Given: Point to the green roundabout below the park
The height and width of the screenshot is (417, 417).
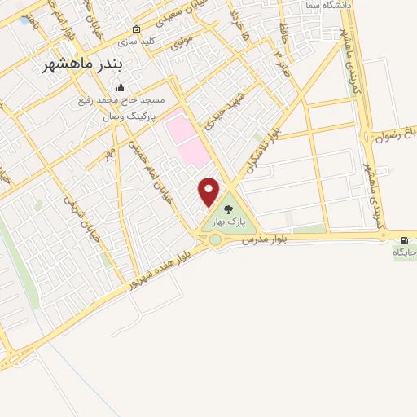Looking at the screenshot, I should click(x=215, y=239).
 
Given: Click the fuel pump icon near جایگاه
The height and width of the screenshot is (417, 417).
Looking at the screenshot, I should click(x=403, y=239).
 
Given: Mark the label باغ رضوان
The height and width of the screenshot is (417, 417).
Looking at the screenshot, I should click(x=395, y=137).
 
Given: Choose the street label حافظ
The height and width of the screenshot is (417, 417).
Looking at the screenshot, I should click(x=283, y=36).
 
